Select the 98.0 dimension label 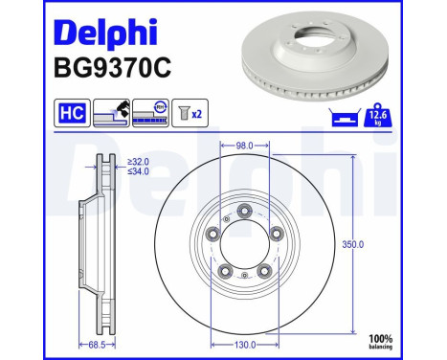coord(243,146)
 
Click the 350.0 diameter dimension coord(354,244)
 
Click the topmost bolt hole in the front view coord(243,212)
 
